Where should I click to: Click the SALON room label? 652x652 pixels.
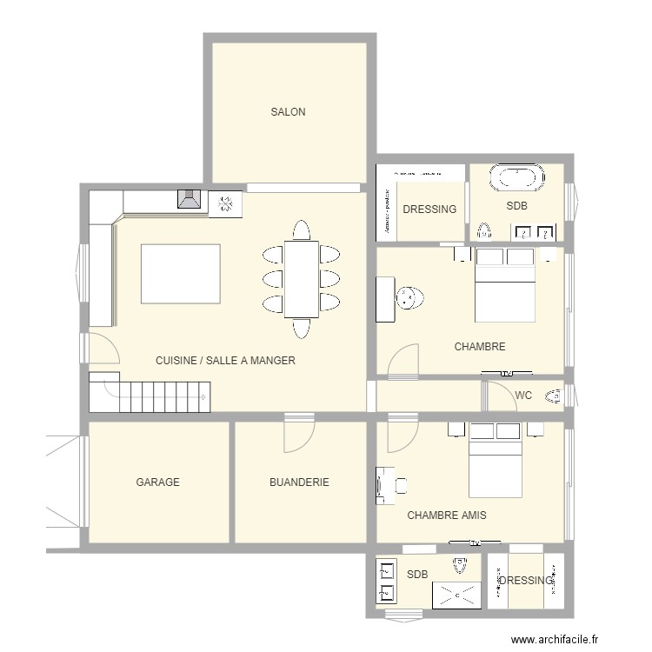(288, 112)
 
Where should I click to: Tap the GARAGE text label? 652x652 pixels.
(157, 482)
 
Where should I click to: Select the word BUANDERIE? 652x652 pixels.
(299, 482)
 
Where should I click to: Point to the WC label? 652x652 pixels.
(523, 396)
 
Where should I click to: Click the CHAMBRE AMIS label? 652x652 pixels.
(447, 516)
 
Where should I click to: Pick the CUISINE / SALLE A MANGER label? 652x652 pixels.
(225, 361)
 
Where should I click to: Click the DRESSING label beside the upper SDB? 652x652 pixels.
(429, 210)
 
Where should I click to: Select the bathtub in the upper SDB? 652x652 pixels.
(518, 178)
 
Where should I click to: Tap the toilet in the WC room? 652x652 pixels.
(554, 397)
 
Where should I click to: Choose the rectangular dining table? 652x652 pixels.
(301, 279)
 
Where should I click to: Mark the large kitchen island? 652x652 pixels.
(180, 274)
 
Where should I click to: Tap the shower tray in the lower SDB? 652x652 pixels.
(457, 594)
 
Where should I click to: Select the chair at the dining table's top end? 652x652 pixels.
(301, 230)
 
